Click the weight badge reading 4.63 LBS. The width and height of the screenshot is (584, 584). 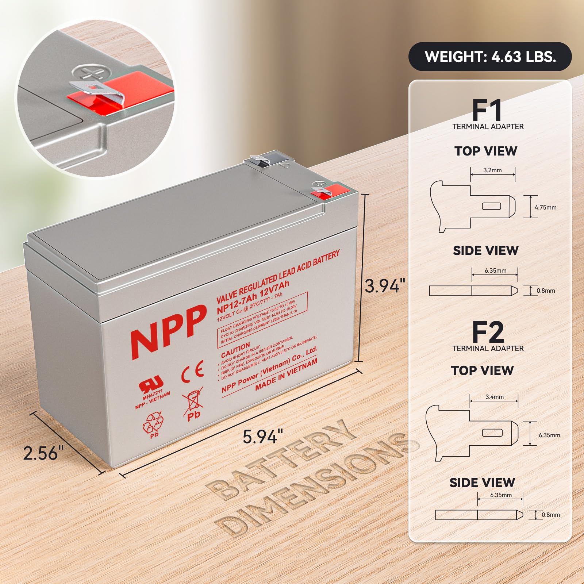[x=490, y=57]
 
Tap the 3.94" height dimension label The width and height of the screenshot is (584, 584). [x=385, y=285]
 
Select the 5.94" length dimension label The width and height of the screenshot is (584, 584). [x=262, y=437]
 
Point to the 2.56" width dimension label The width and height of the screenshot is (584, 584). [x=43, y=453]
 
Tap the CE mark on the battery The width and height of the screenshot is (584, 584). [x=192, y=372]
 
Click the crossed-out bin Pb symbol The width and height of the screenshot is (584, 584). [x=193, y=404]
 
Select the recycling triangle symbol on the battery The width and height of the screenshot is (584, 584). [x=153, y=424]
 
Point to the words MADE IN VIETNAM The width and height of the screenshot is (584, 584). [x=286, y=374]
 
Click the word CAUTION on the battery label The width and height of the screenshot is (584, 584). [x=235, y=350]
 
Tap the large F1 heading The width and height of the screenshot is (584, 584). [x=487, y=110]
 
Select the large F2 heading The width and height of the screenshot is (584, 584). [x=488, y=332]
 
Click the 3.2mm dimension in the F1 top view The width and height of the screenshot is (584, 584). [x=492, y=170]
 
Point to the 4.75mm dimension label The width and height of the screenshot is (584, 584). [x=545, y=207]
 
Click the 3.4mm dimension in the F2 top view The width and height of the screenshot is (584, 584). [x=494, y=397]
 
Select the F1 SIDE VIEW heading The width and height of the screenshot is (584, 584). [x=485, y=251]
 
